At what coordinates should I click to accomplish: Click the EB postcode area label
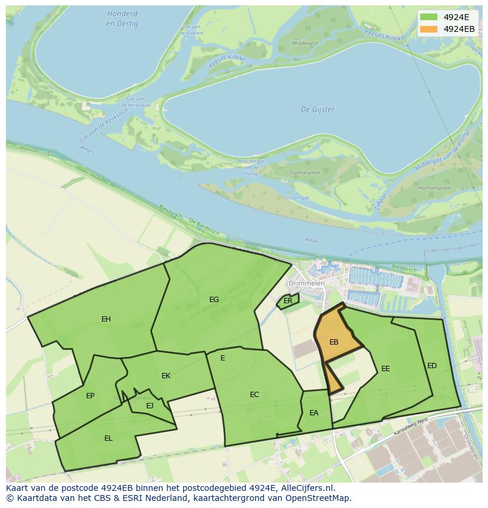click(x=334, y=342)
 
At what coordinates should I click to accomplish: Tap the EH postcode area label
click(x=106, y=319)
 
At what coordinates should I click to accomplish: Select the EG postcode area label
click(x=214, y=300)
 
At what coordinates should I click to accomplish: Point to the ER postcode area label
click(x=288, y=301)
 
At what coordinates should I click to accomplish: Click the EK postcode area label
click(x=166, y=376)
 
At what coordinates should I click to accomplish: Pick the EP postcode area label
click(x=90, y=396)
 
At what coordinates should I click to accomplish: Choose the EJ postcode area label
click(x=150, y=405)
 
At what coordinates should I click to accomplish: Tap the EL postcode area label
click(x=108, y=438)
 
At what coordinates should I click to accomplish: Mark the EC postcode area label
click(x=255, y=395)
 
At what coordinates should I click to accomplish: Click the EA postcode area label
click(x=314, y=413)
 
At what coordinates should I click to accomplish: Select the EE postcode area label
click(x=385, y=369)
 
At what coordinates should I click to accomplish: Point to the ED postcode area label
click(x=432, y=366)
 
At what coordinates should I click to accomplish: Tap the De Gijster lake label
click(x=318, y=109)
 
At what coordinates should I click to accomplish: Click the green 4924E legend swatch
click(x=428, y=17)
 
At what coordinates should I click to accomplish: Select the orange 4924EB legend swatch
click(x=428, y=29)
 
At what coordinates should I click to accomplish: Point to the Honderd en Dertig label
click(x=123, y=18)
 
